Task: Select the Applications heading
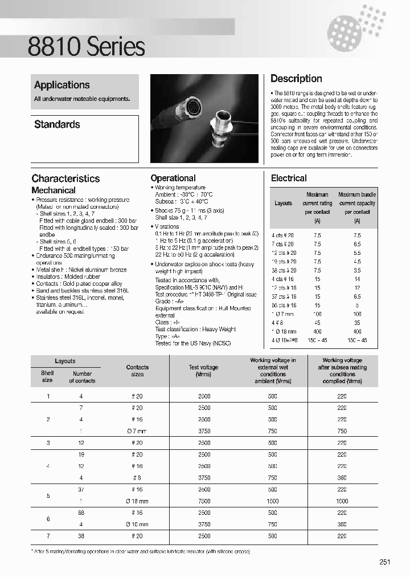tap(61, 85)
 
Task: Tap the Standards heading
tap(57, 124)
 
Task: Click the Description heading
tap(296, 79)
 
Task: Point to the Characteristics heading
tap(65, 178)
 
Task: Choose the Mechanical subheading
tap(54, 190)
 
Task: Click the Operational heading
tap(173, 178)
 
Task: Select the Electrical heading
tap(289, 178)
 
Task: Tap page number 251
tap(385, 562)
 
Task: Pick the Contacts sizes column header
tap(137, 371)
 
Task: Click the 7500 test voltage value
tap(204, 501)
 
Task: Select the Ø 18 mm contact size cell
tap(137, 501)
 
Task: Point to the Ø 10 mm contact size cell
tap(137, 525)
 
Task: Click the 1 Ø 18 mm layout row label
tap(284, 331)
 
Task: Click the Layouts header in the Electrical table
tap(283, 203)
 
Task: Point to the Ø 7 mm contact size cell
tap(137, 430)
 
